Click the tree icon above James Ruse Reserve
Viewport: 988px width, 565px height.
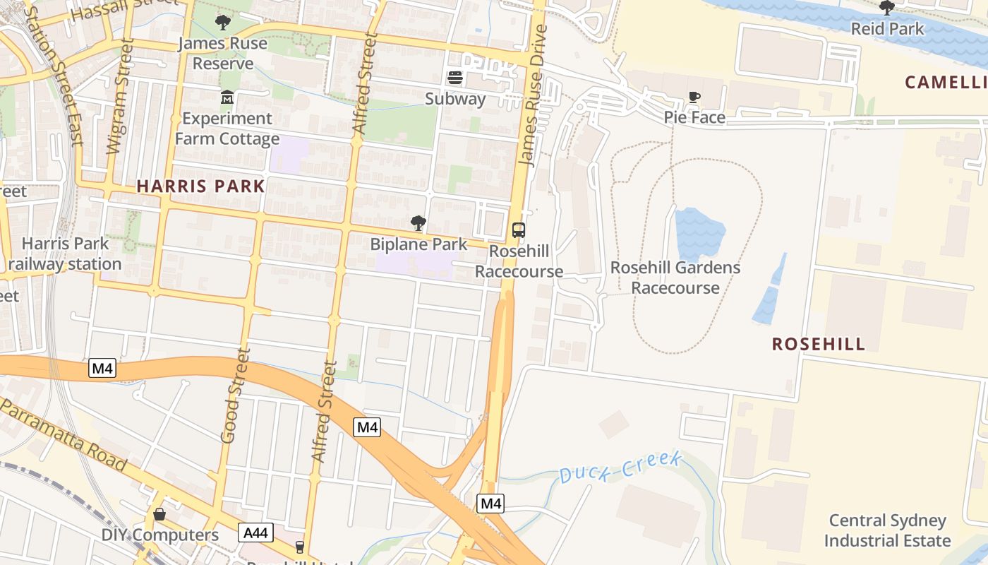point(223,23)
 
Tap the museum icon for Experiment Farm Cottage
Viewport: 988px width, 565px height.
point(227,97)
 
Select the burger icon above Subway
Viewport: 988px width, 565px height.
point(455,77)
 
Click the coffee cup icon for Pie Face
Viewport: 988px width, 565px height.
point(694,97)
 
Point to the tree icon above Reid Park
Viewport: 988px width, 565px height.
point(887,8)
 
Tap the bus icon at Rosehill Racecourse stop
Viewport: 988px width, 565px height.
point(519,230)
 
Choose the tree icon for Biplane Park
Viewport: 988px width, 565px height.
point(418,223)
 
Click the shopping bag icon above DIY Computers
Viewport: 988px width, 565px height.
point(159,514)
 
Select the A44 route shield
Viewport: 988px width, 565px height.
point(255,533)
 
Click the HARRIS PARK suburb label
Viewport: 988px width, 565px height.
point(201,186)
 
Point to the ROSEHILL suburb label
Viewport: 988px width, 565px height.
point(819,344)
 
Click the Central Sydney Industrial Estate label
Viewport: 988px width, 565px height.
point(887,531)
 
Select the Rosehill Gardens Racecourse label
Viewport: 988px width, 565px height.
point(675,278)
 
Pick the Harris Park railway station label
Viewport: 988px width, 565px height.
point(65,254)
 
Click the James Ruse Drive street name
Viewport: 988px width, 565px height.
point(534,96)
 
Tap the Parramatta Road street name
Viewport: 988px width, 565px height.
point(64,435)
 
